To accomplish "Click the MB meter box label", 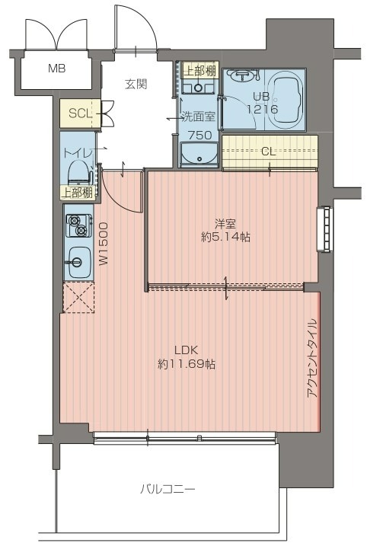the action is pos(57,68).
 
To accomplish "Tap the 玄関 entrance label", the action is pos(136,84).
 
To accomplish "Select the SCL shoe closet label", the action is pos(80,113).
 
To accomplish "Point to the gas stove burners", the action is pos(78,226).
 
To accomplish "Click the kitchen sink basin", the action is pos(78,263).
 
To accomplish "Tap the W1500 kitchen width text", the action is pos(104,244).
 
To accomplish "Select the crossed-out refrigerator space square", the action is pos(78,297).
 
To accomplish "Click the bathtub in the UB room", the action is pos(285,99).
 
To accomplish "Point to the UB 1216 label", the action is pos(262,103).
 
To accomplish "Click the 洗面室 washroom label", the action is pos(199,117).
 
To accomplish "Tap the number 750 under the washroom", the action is pos(199,136).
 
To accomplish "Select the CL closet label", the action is pos(268,152).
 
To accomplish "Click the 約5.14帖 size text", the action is pos(225,237).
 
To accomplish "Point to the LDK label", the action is pos(186,350).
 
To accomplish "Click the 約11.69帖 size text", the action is pos(187,364).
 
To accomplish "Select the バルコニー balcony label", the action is pos(168,489).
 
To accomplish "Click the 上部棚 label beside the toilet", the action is pos(78,193).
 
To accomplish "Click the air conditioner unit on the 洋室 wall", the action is pos(324,229).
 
